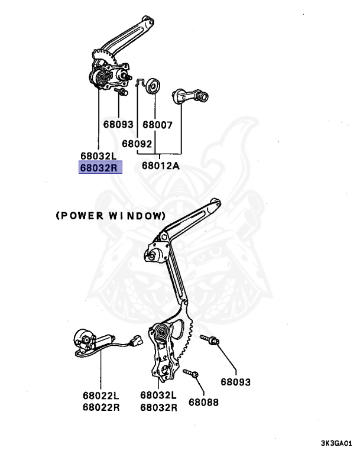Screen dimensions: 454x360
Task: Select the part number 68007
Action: [x=157, y=125]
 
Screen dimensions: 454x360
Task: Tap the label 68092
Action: [x=137, y=143]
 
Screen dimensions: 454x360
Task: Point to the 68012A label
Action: [x=160, y=166]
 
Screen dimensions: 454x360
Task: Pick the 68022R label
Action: [x=100, y=407]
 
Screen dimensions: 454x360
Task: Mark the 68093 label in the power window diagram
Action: [x=236, y=382]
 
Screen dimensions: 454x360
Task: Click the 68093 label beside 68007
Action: [x=118, y=125]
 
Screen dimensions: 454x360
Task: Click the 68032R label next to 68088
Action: [x=158, y=407]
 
